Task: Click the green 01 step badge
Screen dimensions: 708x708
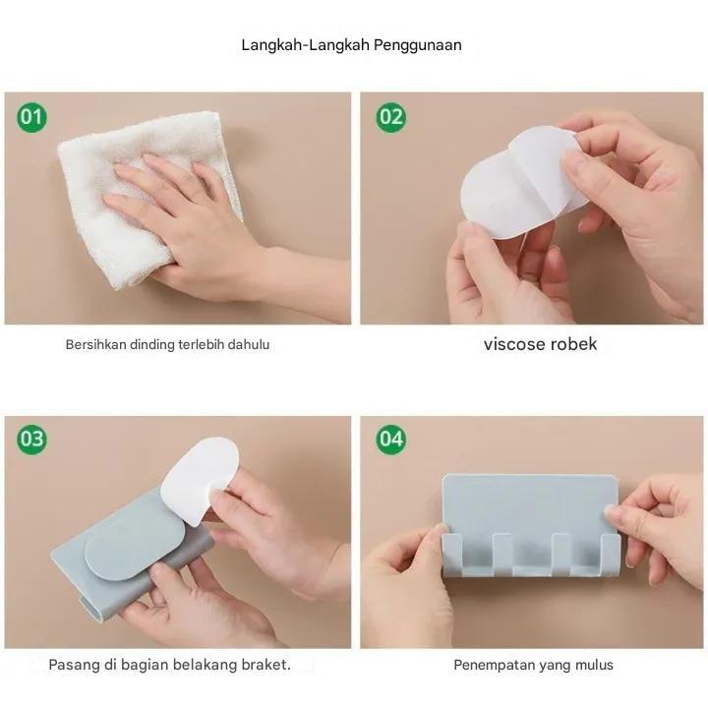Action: (x=31, y=117)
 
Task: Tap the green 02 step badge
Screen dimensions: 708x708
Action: (x=391, y=117)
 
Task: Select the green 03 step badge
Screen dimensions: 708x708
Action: (x=31, y=439)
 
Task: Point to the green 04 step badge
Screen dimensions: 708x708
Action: (x=391, y=439)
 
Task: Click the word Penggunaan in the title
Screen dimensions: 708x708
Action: (x=418, y=45)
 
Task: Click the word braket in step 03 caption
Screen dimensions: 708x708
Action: (x=265, y=665)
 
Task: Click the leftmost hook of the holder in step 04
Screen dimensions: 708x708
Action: (x=451, y=553)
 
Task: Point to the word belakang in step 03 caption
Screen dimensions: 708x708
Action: (x=206, y=665)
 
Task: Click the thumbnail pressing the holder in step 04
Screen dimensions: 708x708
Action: (x=611, y=512)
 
